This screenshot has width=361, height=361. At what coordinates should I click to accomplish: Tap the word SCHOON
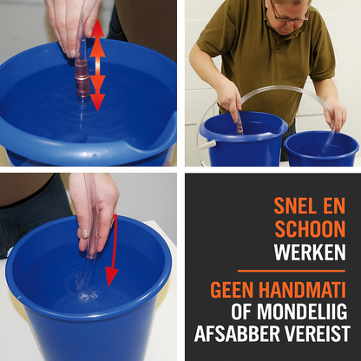[310, 229]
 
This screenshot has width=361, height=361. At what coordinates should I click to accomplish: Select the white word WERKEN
[310, 253]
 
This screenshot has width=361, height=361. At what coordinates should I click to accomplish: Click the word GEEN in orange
[233, 290]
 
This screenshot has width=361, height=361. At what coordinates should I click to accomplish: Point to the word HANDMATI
[302, 290]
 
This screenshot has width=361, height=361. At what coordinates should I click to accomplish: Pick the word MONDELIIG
[302, 312]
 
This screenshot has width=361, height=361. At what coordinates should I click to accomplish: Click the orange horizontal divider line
[292, 271]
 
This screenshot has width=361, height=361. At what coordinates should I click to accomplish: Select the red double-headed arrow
[97, 65]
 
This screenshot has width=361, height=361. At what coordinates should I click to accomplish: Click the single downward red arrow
[113, 251]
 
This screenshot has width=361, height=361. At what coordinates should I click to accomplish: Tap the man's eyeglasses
[289, 15]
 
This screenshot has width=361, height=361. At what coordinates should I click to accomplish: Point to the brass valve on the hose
[82, 77]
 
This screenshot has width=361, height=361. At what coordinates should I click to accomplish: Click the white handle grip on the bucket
[210, 143]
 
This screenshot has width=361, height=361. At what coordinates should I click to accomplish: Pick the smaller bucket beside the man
[321, 148]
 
